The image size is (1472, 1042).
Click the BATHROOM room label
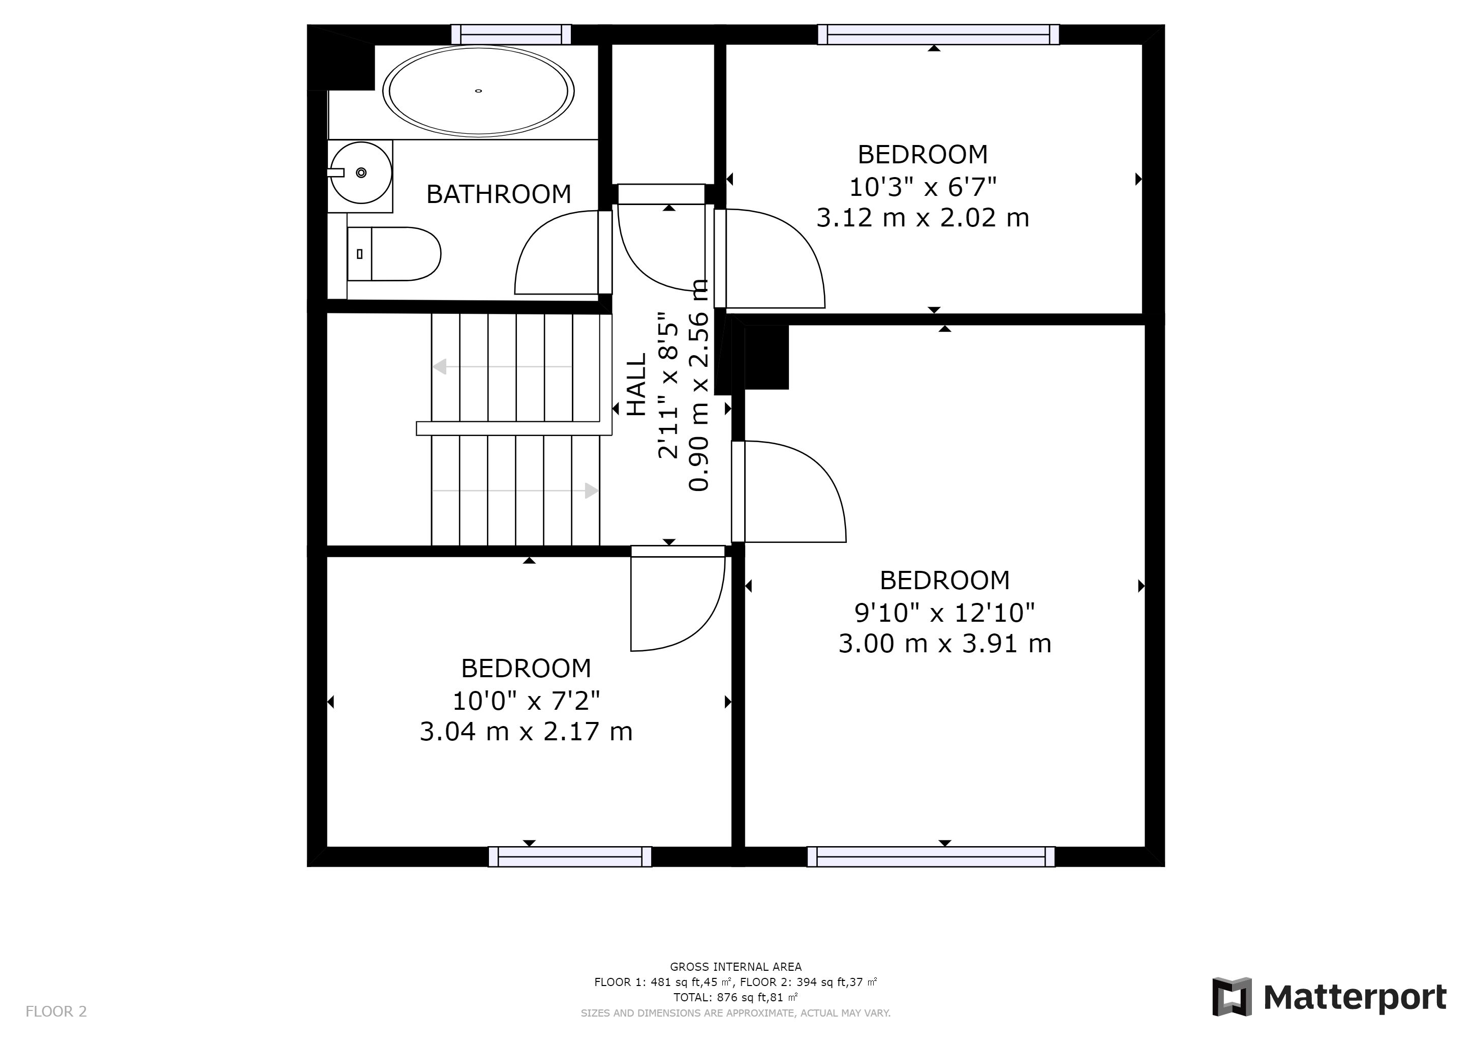click(498, 194)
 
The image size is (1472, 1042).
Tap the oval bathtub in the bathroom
click(478, 91)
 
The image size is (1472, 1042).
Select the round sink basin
click(361, 172)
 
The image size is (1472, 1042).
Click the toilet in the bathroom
click(393, 254)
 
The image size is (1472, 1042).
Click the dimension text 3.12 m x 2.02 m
click(923, 218)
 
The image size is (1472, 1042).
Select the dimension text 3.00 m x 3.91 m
click(944, 643)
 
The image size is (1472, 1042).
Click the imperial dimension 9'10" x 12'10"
click(944, 613)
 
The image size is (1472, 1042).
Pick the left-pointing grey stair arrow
click(503, 367)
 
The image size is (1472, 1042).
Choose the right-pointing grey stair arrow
click(516, 491)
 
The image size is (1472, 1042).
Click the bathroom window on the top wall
click(511, 35)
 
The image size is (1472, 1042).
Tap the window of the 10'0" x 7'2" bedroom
click(570, 857)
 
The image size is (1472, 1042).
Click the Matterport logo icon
click(1232, 996)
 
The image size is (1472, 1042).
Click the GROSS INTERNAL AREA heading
click(735, 967)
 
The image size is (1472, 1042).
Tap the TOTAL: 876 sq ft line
click(735, 998)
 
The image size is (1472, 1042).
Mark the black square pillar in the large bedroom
click(767, 357)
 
